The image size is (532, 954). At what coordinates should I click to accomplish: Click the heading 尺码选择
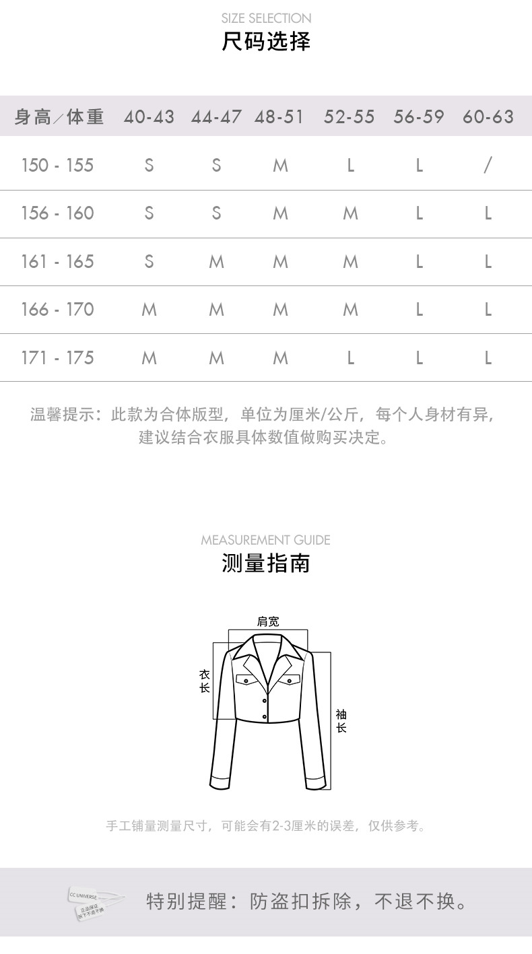(x=266, y=42)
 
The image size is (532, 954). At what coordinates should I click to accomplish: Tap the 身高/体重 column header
(x=59, y=117)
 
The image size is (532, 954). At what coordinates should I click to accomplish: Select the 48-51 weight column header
(x=279, y=117)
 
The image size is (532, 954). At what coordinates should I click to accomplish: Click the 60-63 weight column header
(x=488, y=117)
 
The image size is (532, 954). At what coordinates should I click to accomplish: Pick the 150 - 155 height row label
(x=57, y=165)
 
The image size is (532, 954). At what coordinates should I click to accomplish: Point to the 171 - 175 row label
(x=57, y=357)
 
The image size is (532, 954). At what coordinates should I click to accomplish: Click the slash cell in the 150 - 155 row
(x=488, y=165)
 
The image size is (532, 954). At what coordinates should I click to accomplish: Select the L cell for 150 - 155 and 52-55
(x=350, y=165)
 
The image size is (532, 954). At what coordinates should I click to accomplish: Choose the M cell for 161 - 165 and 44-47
(x=216, y=261)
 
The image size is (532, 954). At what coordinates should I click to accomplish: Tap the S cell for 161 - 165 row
(x=149, y=261)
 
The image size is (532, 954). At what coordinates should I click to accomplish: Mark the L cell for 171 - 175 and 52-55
(x=350, y=357)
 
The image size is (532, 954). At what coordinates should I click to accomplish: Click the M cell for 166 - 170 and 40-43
(x=149, y=310)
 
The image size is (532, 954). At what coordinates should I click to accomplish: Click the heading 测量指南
(x=266, y=563)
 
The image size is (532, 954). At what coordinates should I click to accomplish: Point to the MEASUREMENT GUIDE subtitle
(x=266, y=540)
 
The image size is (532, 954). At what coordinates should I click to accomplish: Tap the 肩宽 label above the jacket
(x=268, y=621)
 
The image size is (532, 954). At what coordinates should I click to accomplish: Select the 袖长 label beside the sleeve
(x=341, y=721)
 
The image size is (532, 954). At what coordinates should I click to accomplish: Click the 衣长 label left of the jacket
(x=205, y=681)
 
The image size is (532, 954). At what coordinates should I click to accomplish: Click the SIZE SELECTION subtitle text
(x=266, y=18)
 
